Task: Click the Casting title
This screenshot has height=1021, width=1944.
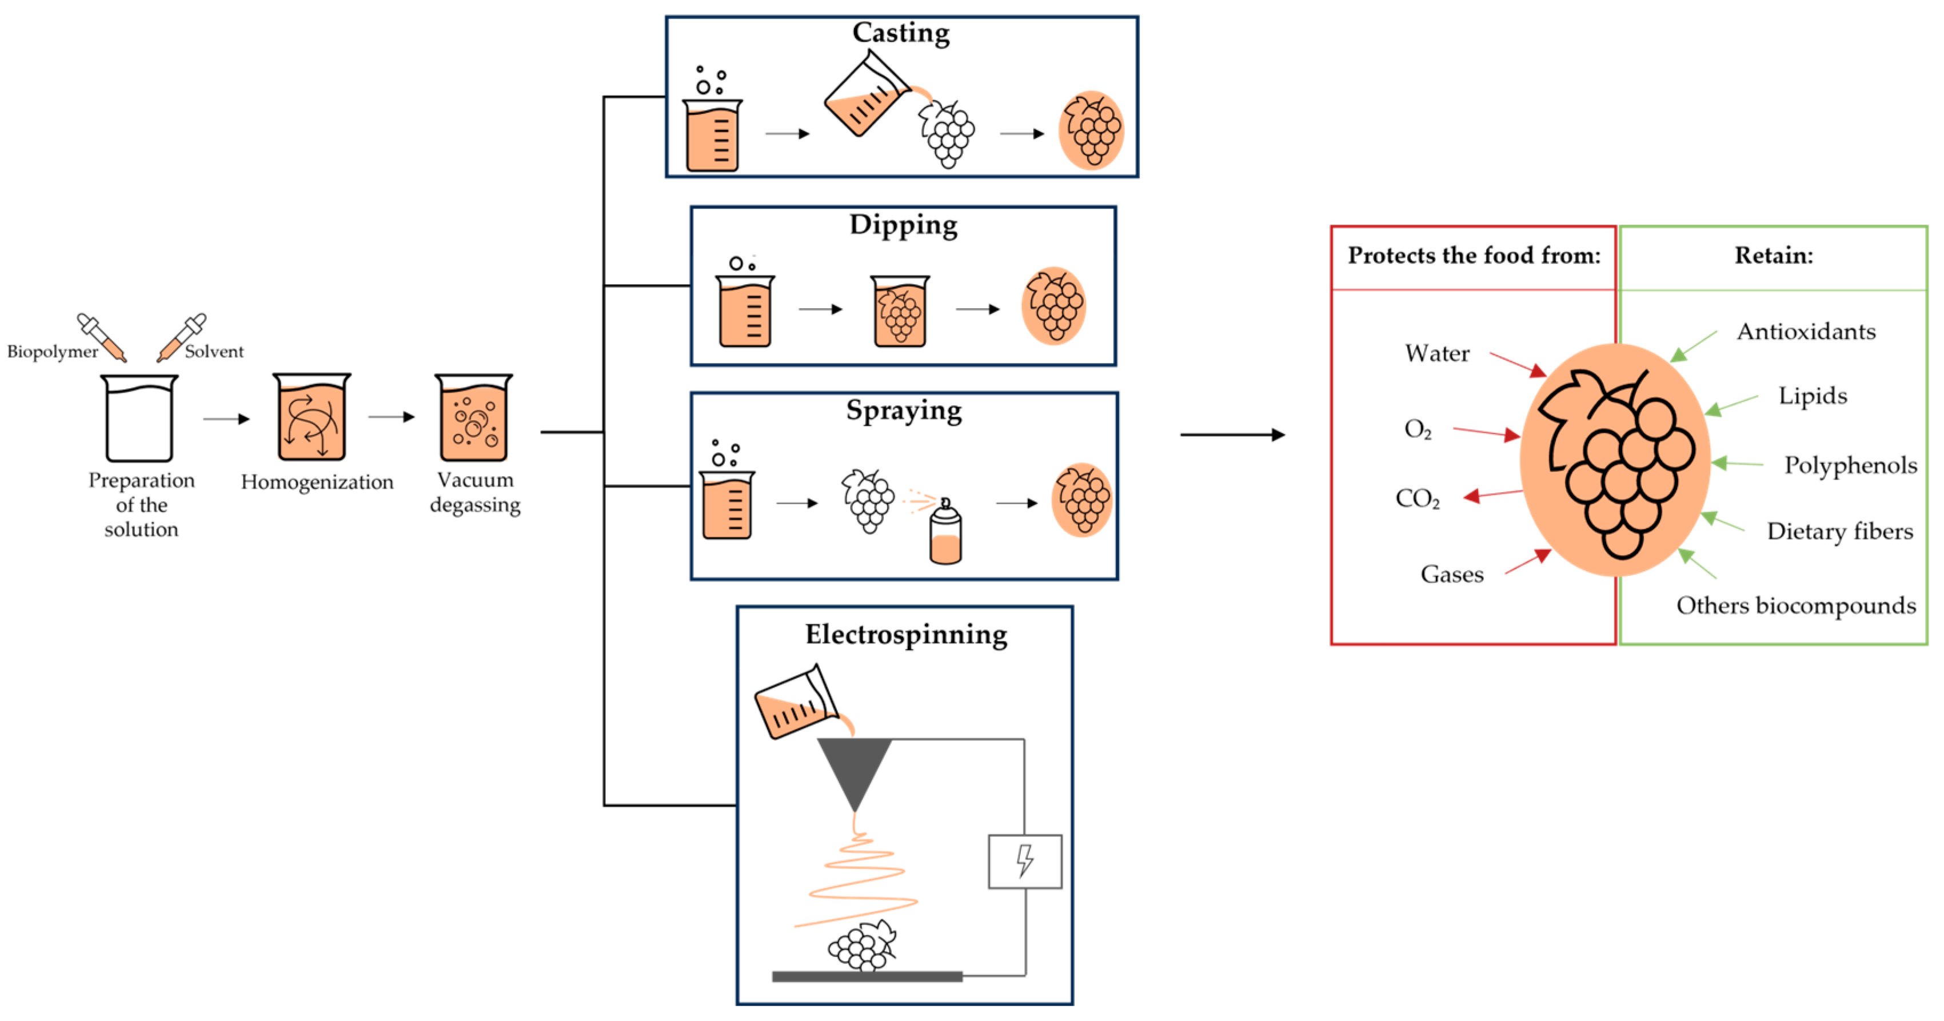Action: [901, 33]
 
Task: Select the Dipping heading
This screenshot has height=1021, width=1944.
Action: [903, 225]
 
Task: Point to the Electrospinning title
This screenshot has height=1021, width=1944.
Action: [905, 635]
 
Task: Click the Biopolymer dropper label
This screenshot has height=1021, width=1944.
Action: [52, 352]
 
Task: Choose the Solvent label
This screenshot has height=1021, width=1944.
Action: [214, 352]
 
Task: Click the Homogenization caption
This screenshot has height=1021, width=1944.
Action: [317, 482]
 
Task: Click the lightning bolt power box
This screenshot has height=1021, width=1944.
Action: [1025, 861]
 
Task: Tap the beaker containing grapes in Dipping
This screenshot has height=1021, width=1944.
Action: [900, 311]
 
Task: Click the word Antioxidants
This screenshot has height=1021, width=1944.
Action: [1806, 331]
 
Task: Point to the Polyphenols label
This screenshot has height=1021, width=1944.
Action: [1850, 465]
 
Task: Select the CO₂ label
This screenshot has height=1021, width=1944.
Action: [1417, 499]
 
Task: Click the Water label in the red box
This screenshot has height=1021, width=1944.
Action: [1437, 353]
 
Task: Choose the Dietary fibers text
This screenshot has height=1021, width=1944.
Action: [1840, 531]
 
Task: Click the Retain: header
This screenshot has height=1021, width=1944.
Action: [1774, 256]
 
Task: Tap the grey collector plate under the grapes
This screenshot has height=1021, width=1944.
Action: [867, 976]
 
